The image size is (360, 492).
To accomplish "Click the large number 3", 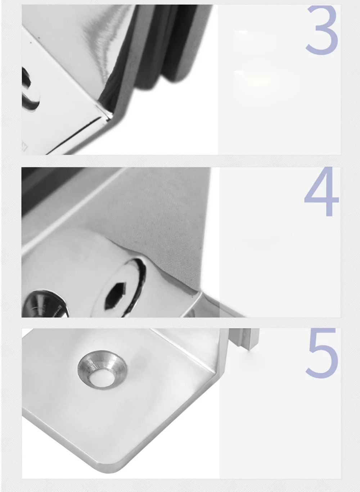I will [x=322, y=31].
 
